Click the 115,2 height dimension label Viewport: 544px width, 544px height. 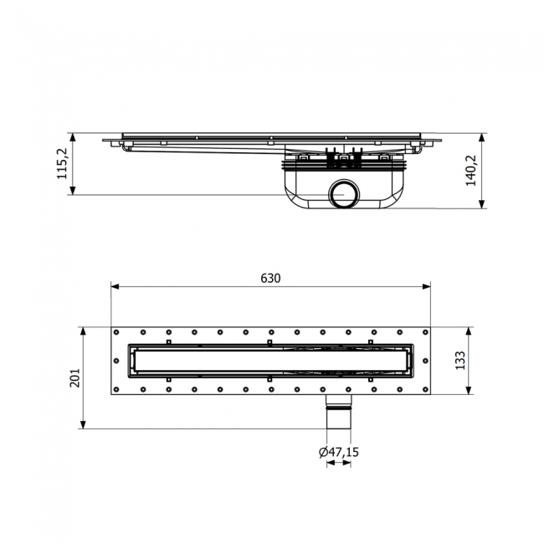point(62,164)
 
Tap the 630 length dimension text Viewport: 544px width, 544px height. point(270,278)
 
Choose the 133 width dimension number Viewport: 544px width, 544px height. point(459,361)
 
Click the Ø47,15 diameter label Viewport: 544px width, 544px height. point(338,452)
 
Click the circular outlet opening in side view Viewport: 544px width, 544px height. point(343,193)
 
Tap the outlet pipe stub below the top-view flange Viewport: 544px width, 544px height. point(338,409)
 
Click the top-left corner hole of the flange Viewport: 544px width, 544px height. point(116,332)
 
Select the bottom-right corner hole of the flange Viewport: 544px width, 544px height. point(424,389)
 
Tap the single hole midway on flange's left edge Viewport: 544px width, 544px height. point(116,362)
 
